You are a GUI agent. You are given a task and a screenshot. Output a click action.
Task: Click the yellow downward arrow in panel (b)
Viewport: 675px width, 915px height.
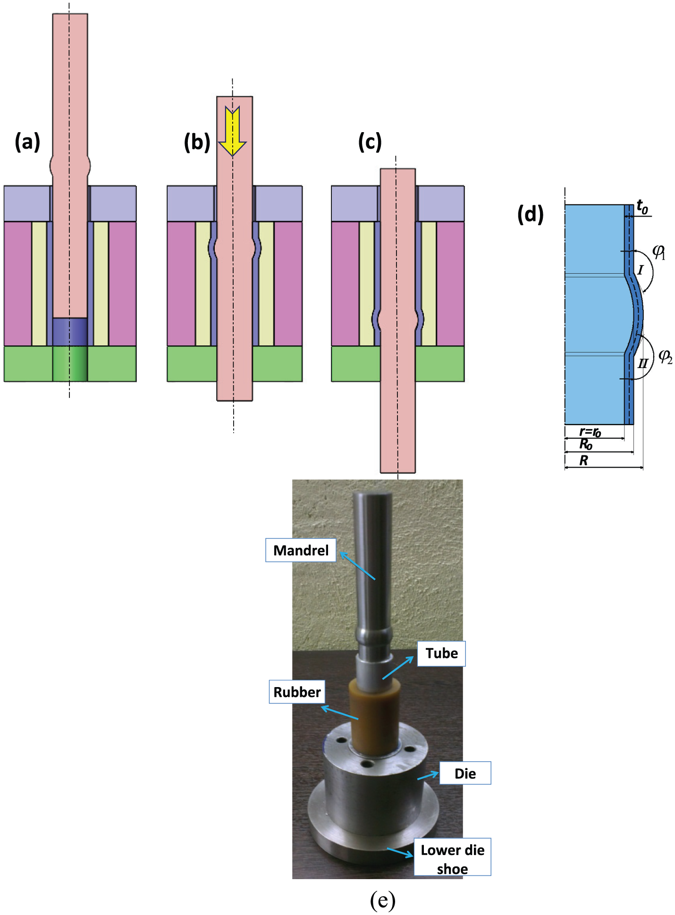coord(232,131)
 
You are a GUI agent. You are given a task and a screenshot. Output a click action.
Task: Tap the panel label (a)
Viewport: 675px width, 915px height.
coord(27,142)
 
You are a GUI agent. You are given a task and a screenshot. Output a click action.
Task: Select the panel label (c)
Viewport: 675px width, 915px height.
coord(370,142)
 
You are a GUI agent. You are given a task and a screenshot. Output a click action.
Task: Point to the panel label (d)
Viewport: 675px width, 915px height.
coord(531,214)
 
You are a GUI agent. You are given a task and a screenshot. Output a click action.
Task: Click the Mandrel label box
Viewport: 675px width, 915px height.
coord(301,550)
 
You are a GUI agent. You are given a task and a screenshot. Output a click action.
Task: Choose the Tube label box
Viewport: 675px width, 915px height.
coord(441,654)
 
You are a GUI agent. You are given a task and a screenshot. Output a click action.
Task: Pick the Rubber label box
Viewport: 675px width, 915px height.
coord(297,692)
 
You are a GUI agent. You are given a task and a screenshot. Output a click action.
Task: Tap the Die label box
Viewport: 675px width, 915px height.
coord(465,773)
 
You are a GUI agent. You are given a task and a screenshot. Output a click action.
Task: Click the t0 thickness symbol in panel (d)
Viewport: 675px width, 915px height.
coord(642,207)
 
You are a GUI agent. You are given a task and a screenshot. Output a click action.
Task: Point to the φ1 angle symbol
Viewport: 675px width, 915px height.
coord(659,252)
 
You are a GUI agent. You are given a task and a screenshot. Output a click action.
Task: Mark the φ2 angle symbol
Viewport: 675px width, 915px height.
coord(666,357)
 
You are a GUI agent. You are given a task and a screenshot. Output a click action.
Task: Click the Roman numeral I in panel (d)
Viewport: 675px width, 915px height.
coord(640,270)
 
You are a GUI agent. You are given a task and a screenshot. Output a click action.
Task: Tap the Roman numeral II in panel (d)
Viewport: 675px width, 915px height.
coord(642,363)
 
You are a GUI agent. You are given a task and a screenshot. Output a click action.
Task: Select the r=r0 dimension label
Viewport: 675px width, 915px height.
coord(590,432)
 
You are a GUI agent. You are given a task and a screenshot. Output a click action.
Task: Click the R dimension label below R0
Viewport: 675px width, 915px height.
coord(584,460)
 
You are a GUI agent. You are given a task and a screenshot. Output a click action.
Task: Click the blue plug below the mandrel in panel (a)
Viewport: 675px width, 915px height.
coord(70,332)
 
